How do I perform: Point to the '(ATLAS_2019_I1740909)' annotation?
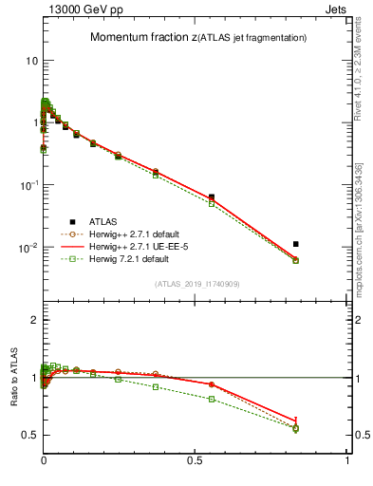coord(196,284)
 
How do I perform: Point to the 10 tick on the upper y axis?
coord(29,60)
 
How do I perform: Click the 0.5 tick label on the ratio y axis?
coord(28,435)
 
